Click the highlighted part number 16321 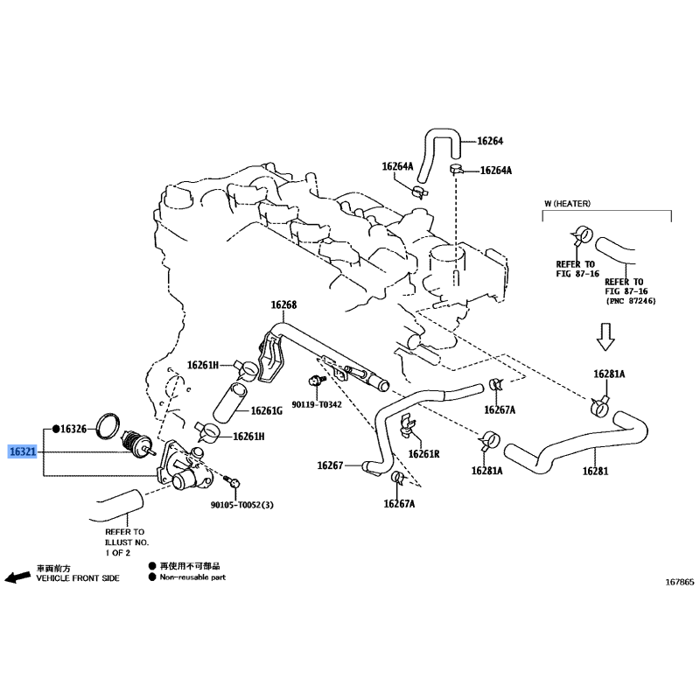pos(23,451)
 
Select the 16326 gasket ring pos(108,425)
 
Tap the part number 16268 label pos(283,304)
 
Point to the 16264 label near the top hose pos(490,141)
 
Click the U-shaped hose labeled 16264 pos(441,134)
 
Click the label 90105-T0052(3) pos(242,505)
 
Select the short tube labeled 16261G pos(230,402)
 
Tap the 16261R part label pos(423,454)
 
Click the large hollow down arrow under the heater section pos(605,337)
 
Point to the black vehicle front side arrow pos(17,577)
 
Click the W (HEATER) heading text pos(567,204)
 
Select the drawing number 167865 pos(680,582)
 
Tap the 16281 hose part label pos(595,471)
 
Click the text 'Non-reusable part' pos(192,577)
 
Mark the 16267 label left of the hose pos(330,465)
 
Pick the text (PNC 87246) pos(631,301)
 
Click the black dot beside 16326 pos(56,429)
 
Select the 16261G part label pos(267,410)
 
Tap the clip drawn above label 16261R pos(407,425)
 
